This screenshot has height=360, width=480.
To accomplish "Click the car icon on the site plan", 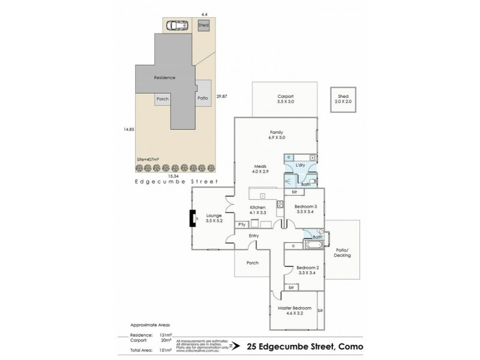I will [177, 26].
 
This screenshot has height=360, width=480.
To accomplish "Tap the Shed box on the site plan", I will [203, 26].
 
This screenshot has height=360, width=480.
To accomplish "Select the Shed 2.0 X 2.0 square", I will [343, 99].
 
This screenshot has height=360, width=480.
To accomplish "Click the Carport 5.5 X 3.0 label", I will [285, 99].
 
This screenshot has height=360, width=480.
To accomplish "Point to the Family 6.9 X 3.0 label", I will [276, 135].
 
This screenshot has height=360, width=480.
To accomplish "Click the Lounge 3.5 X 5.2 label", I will [214, 218].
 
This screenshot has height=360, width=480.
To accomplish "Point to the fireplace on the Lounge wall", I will [194, 218].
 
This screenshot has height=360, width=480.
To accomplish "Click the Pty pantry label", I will [242, 224].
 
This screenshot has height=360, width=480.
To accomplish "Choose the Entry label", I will [254, 236].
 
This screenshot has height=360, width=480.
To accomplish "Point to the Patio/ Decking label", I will [342, 253].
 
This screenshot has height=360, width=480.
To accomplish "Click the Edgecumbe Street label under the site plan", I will [175, 181].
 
